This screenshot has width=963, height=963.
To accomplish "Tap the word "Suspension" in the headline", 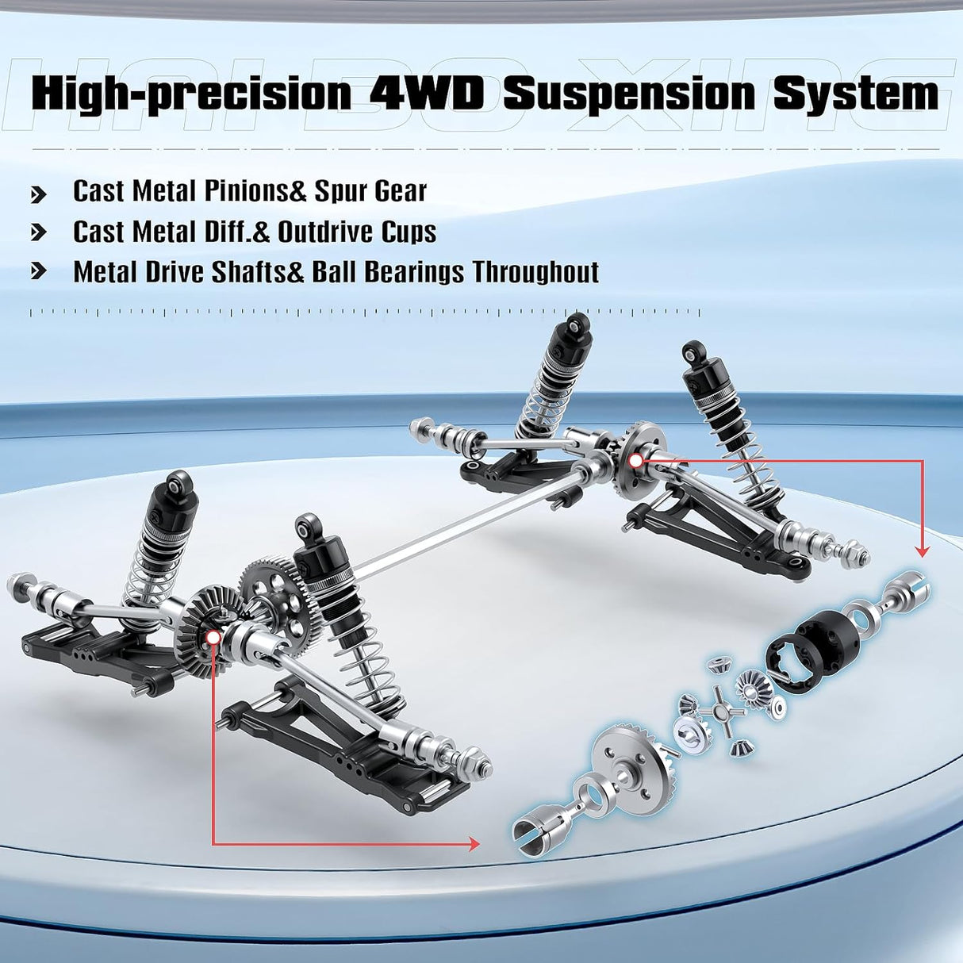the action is coord(628,93).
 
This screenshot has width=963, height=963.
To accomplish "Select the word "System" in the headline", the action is coord(856,94).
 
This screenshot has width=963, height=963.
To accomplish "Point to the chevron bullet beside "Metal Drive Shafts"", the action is coord(39,272).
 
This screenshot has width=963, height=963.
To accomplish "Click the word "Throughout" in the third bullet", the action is coord(535,272).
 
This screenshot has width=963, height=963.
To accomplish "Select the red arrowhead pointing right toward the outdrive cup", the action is coord(472,844).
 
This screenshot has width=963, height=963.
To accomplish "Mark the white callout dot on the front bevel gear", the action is coord(213,638).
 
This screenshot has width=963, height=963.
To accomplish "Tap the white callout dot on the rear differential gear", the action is coord(635,461).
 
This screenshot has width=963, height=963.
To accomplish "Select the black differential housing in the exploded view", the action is coord(811,654).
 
